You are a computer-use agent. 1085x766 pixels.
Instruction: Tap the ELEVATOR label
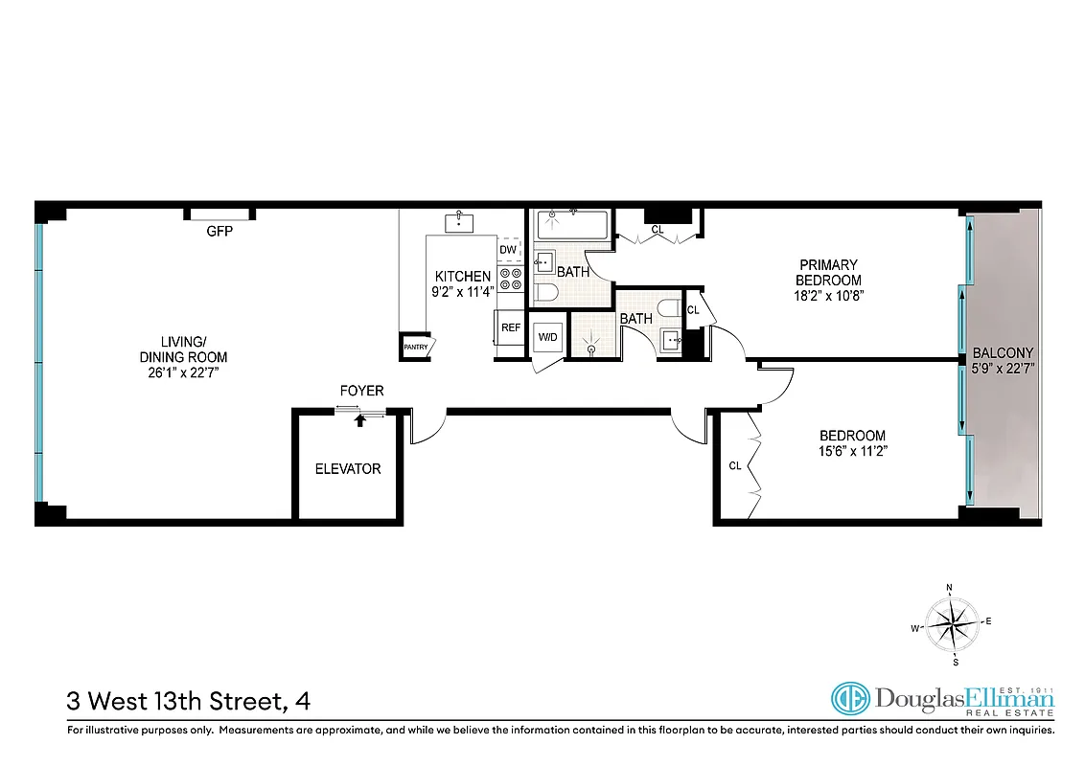(x=348, y=468)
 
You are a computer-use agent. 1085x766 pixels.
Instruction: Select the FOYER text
(x=361, y=391)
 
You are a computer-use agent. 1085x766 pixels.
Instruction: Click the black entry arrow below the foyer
(x=360, y=418)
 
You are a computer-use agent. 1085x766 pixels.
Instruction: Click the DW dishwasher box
(x=509, y=250)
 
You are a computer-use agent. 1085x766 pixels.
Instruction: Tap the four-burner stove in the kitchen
(x=510, y=279)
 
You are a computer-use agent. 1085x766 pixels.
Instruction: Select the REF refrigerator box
(x=511, y=327)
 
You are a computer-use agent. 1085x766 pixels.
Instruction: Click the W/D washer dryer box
(x=547, y=337)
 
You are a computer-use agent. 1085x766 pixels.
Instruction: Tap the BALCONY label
(x=1002, y=351)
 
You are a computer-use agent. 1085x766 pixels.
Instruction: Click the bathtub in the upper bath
(x=569, y=225)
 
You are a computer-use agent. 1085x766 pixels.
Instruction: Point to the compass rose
(x=951, y=623)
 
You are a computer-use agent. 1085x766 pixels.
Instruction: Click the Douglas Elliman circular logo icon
(x=848, y=699)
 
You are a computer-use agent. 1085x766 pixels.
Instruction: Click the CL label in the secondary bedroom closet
(x=735, y=466)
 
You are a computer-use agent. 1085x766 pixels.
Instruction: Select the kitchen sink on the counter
(x=460, y=222)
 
